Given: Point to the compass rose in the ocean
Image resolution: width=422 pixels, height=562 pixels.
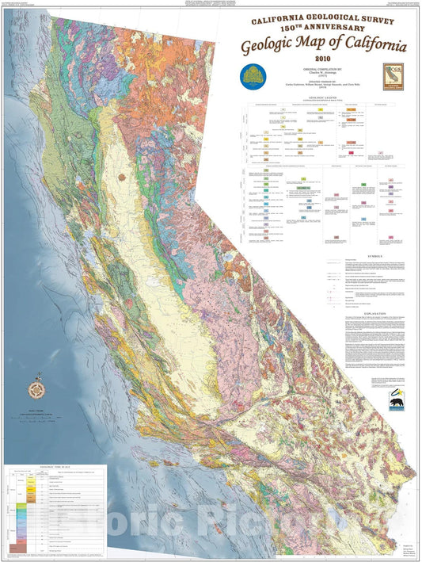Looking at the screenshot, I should [36, 389].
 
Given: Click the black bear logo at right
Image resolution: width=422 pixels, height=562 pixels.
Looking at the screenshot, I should [397, 404].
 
